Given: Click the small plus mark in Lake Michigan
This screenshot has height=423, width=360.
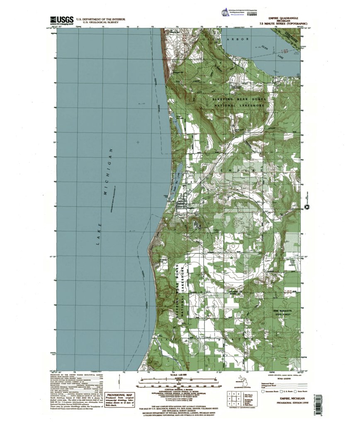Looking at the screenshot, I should [x=138, y=142].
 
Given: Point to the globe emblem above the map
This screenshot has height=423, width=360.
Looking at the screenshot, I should [x=224, y=13].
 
